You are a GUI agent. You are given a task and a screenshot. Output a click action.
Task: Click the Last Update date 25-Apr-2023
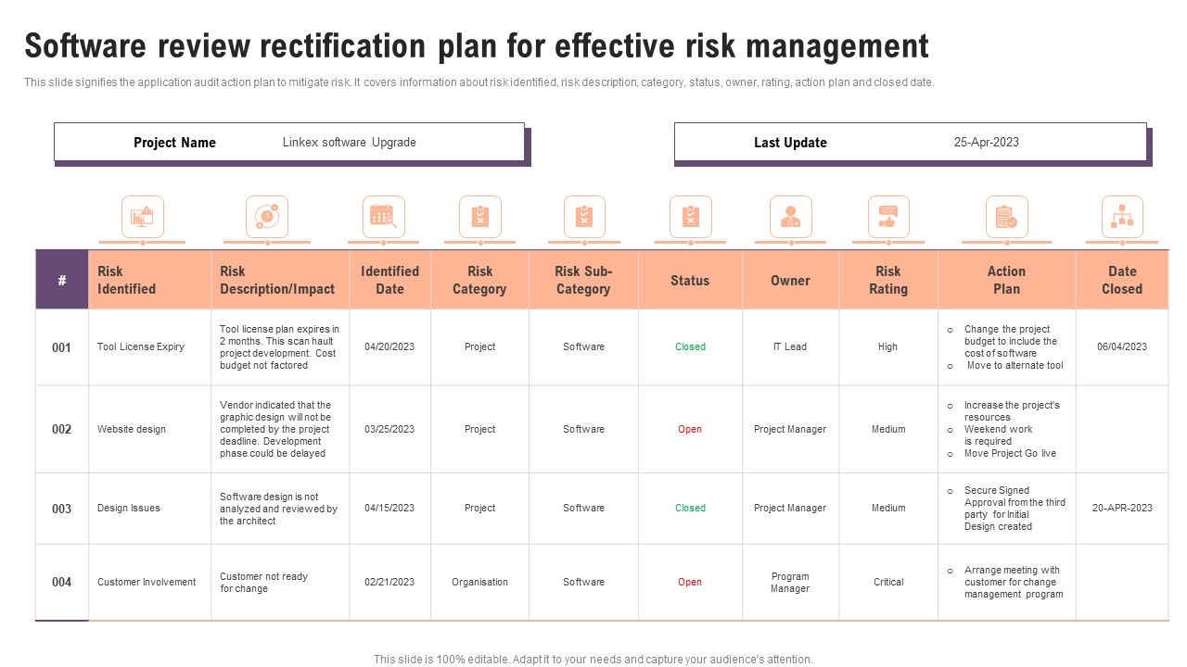coord(986,142)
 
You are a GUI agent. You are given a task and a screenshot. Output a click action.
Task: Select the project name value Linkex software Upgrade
coord(349,143)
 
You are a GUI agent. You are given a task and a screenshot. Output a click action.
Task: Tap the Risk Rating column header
coord(887,280)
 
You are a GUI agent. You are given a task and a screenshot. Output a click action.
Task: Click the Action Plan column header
coord(1006,280)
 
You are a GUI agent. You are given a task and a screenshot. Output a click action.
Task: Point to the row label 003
coord(61,509)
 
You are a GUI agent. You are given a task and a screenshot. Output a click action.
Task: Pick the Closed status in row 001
coord(690,346)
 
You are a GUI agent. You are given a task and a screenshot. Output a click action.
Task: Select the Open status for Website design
coord(690,429)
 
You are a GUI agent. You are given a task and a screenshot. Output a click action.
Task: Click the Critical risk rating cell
coord(887,582)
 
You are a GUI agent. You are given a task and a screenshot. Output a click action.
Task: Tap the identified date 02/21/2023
coord(389,582)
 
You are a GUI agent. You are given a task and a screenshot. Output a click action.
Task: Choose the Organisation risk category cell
coord(479,582)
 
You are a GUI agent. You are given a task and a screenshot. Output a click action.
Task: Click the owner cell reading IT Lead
coord(790,346)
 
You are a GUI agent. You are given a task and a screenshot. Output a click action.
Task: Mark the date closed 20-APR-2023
coord(1122,508)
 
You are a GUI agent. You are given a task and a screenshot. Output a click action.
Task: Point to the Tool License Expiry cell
coord(141,346)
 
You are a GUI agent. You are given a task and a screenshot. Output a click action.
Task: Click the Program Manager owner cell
coord(790,582)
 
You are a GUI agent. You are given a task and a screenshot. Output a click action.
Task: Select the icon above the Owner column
coord(790,217)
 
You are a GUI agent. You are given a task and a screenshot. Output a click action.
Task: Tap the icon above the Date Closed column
coord(1122,217)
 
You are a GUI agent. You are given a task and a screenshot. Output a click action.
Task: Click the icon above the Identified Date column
coord(383,217)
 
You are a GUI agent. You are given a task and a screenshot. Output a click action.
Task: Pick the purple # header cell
coord(62,280)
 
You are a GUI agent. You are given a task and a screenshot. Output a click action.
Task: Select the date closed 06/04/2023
coord(1122,346)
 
